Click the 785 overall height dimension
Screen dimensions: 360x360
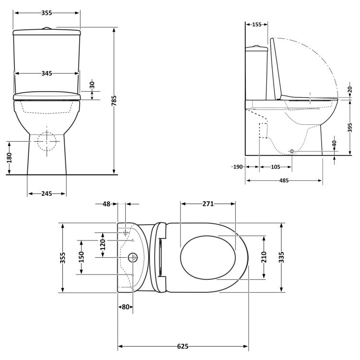click(x=115, y=101)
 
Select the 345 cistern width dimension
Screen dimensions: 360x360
click(x=47, y=73)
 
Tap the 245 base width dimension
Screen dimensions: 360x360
click(x=47, y=193)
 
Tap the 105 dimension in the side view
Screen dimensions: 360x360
click(x=275, y=167)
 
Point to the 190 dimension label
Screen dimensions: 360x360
click(x=237, y=167)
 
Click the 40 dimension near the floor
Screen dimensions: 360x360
click(x=334, y=143)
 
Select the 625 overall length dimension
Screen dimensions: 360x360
click(x=183, y=346)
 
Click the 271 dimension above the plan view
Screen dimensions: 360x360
click(x=207, y=204)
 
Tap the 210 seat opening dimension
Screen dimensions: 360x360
click(x=264, y=257)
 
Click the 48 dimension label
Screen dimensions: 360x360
click(x=107, y=204)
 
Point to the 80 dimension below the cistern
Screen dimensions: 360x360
click(x=125, y=307)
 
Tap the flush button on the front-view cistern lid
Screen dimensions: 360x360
click(x=47, y=29)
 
